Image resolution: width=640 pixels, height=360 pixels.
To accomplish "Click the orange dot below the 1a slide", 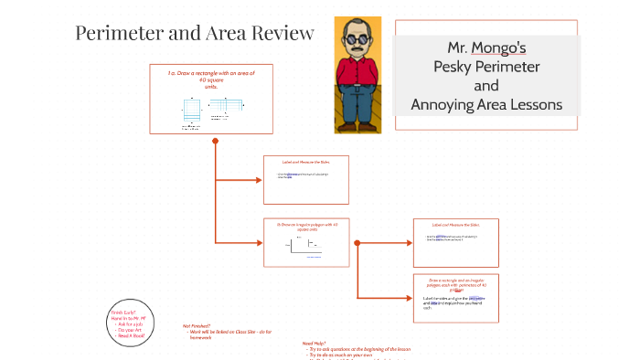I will coord(215,141).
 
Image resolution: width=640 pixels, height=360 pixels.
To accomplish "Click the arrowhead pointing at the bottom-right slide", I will coord(408,297).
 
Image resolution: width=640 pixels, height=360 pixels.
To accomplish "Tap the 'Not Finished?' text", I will coord(197,325).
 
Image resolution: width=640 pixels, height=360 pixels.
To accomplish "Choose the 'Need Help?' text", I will coord(315,344).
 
